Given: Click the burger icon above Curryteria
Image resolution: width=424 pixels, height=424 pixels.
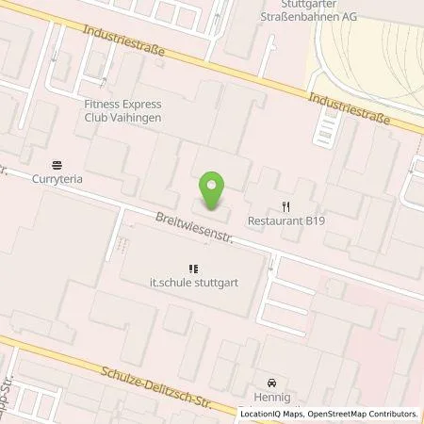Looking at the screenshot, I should pos(58,163).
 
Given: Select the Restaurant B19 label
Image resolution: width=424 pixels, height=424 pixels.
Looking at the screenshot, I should pos(287,222).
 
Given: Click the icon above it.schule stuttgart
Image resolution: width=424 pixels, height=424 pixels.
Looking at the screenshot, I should pos(194,269).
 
